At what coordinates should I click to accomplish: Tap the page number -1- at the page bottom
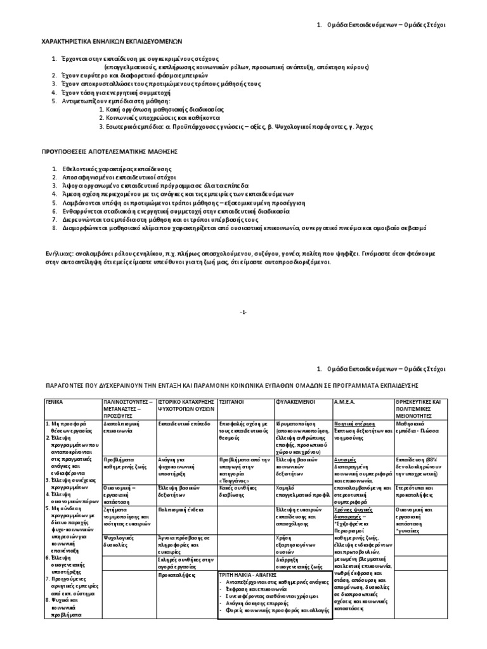tap(243, 312)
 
